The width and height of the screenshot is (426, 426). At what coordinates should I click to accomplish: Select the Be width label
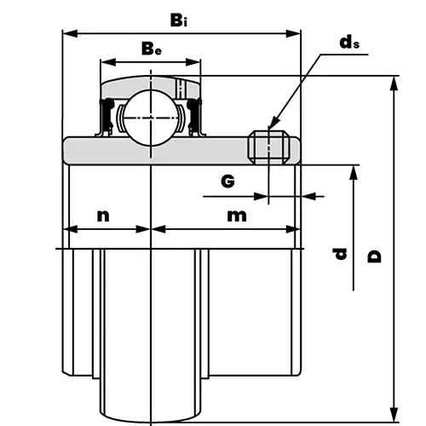(x=152, y=49)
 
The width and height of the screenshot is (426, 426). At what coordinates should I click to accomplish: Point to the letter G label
(x=227, y=181)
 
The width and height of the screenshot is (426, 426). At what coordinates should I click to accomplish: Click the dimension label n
(x=103, y=215)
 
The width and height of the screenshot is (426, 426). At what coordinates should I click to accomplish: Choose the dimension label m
(x=236, y=215)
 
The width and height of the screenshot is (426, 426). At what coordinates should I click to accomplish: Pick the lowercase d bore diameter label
(x=340, y=253)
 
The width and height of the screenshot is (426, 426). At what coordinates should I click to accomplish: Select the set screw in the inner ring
(x=269, y=147)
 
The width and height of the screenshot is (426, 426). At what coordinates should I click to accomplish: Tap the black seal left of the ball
(x=107, y=115)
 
